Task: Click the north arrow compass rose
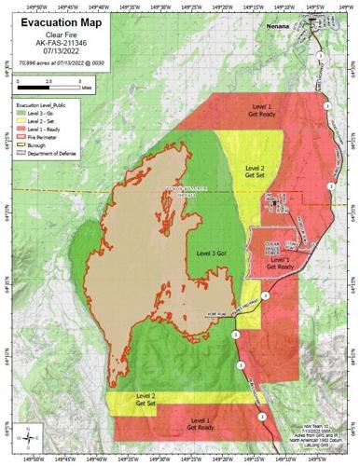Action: pyautogui.click(x=29, y=433)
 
